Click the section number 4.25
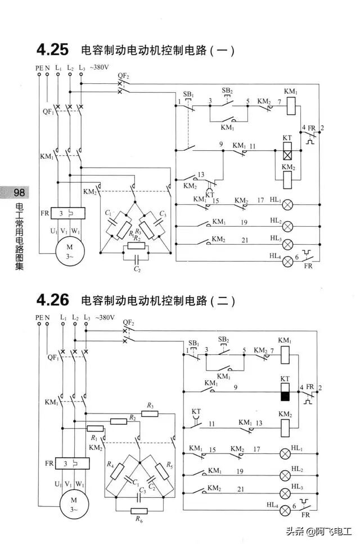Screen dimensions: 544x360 coord(52,50)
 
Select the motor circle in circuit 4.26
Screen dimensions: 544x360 coord(73,501)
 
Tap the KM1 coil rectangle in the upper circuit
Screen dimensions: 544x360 coord(291,104)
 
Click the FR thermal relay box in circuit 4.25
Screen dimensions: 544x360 coord(67,213)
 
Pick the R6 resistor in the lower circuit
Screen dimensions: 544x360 coord(138,511)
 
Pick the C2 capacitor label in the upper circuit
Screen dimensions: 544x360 coord(137,270)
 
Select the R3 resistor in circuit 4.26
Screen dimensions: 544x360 coord(150,413)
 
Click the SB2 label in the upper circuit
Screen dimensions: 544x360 coord(227,90)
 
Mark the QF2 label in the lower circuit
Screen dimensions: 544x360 coord(129,322)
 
